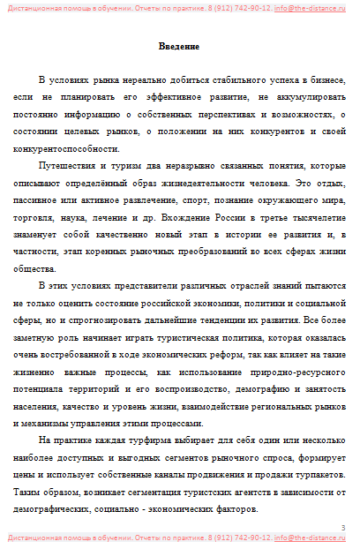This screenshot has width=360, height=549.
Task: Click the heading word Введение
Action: point(178,46)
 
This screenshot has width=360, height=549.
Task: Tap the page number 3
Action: point(343,526)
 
